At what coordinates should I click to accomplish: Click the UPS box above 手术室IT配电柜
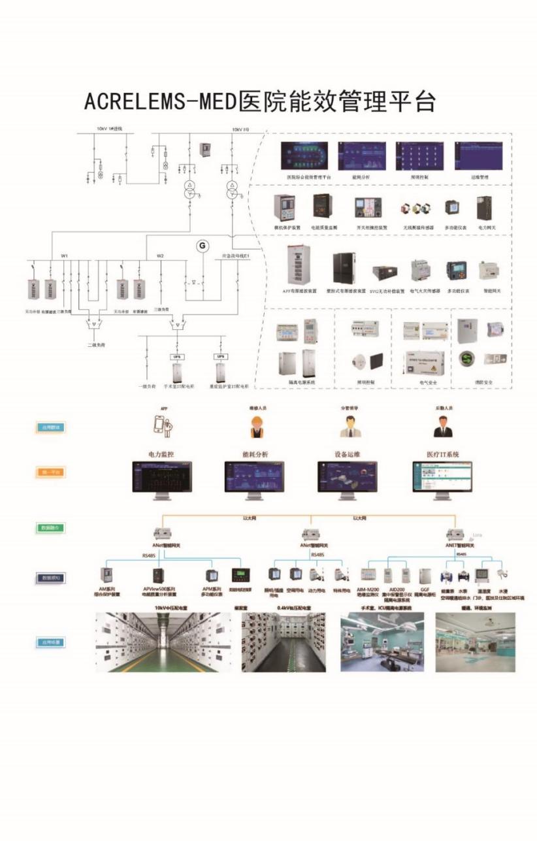click(176, 357)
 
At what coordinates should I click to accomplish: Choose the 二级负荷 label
click(97, 344)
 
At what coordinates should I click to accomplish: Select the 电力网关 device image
click(483, 210)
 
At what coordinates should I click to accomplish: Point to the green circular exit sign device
click(465, 358)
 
